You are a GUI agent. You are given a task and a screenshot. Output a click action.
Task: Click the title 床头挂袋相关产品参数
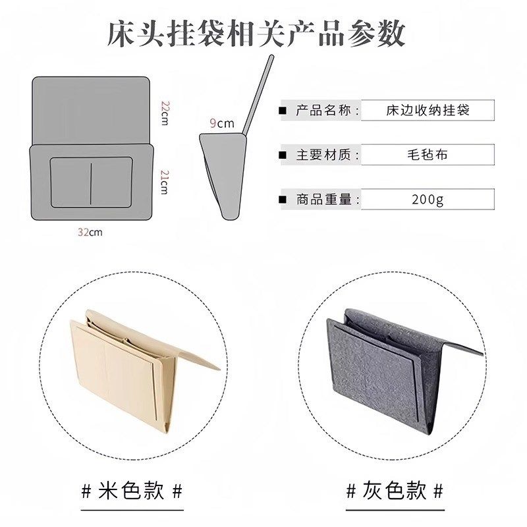click(256, 33)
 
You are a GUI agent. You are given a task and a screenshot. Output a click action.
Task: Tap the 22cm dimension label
click(166, 113)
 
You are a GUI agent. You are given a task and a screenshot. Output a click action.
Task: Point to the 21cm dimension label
click(165, 181)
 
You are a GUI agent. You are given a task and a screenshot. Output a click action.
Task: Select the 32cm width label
click(90, 232)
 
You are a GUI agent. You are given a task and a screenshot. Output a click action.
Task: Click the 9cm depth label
click(222, 123)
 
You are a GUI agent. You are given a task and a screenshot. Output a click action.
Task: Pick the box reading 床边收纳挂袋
click(428, 110)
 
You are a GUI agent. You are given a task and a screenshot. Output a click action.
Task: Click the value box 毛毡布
click(428, 155)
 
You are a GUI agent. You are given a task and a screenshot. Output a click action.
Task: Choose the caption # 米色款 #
click(131, 491)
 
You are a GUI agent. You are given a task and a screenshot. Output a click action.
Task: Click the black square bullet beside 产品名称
click(283, 110)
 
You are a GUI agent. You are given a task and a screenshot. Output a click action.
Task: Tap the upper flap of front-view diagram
click(91, 109)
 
